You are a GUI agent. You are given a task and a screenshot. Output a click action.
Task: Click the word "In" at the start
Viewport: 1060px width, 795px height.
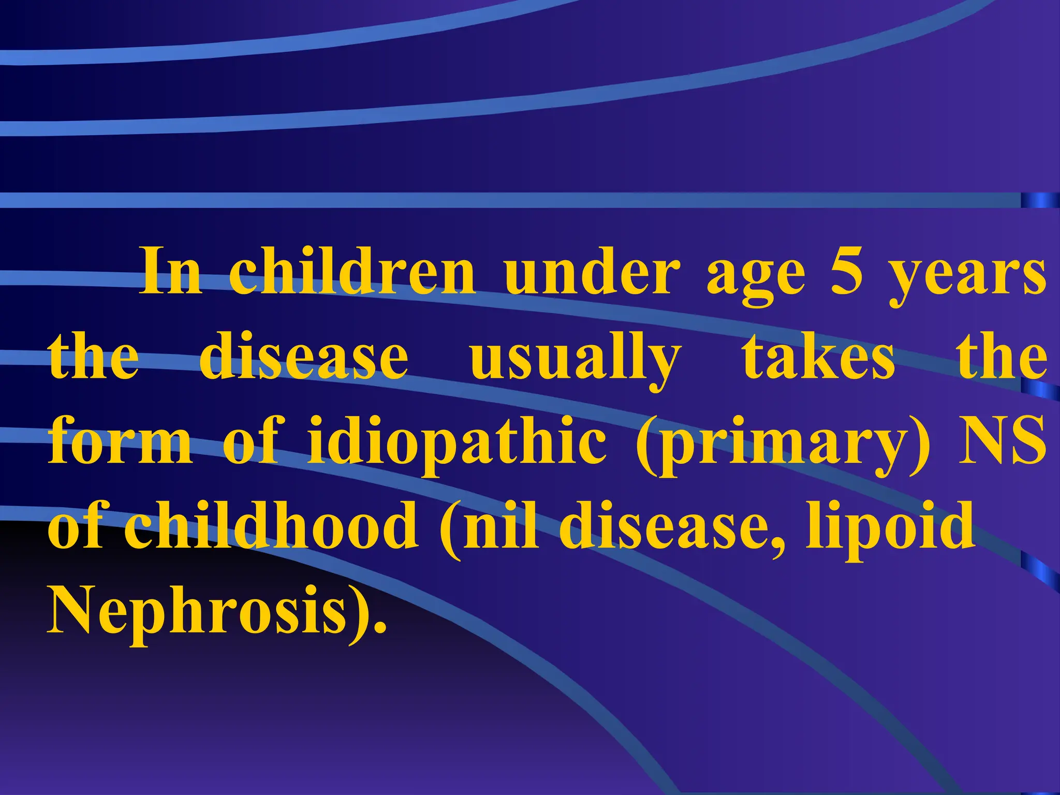click(171, 272)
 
